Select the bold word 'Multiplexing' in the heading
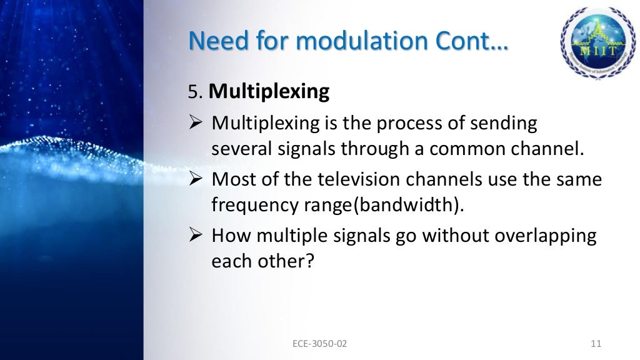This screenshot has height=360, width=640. (x=269, y=92)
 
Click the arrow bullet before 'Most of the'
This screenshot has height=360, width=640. (x=196, y=180)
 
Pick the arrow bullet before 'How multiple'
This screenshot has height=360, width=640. (x=196, y=237)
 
